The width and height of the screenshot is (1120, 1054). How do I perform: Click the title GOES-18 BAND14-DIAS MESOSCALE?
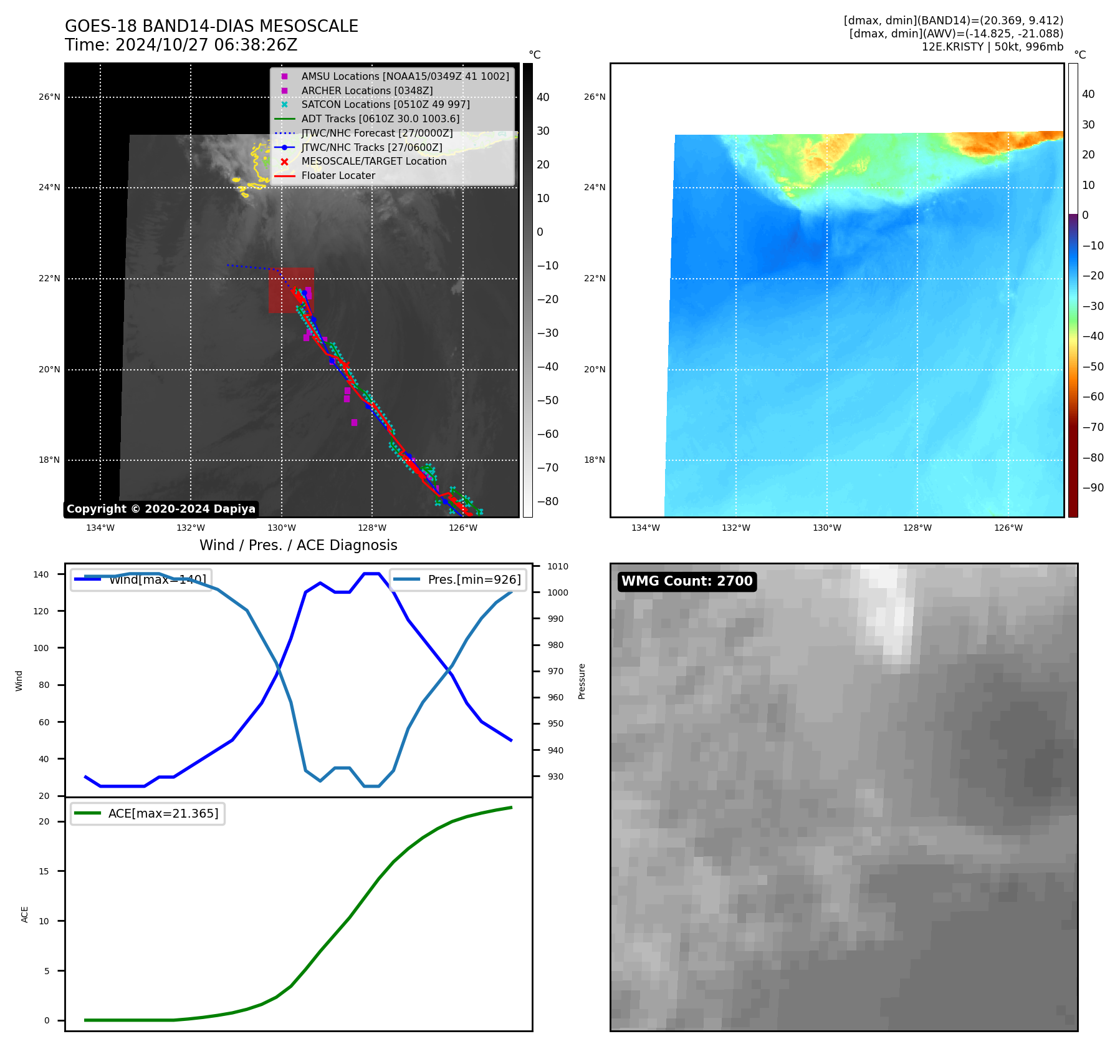211,26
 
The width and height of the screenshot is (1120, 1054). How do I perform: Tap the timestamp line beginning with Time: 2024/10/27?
181,46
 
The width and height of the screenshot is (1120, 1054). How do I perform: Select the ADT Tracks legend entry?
380,118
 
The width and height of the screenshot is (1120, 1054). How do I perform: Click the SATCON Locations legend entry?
385,104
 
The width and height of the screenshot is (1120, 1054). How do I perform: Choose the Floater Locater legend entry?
338,176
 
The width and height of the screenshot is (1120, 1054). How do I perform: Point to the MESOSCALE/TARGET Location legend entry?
373,162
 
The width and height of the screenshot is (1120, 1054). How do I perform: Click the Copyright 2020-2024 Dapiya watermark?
161,509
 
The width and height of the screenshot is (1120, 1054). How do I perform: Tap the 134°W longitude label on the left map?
100,528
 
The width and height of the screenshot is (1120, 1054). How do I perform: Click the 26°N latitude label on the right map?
595,97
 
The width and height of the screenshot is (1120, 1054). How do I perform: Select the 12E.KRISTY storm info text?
992,47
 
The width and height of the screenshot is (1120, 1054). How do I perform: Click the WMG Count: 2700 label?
687,581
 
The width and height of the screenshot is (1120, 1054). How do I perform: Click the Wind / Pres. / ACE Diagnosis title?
298,545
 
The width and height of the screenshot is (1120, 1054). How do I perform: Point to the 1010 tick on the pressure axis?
558,566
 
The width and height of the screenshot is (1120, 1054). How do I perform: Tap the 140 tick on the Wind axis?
41,574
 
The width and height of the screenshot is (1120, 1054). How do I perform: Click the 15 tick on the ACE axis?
44,871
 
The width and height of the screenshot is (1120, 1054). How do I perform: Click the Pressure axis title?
582,681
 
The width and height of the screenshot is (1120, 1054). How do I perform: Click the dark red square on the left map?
291,290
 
